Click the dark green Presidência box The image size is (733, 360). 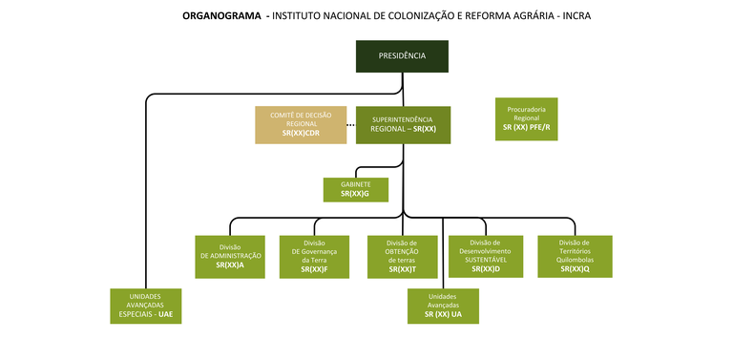click(x=402, y=56)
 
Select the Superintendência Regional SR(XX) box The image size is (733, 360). click(x=403, y=124)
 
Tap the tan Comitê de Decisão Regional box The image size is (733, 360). click(x=301, y=125)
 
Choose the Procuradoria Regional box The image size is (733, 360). click(x=527, y=118)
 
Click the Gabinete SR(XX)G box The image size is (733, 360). click(x=355, y=189)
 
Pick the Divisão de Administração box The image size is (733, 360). click(x=230, y=256)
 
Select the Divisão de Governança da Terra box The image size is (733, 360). click(x=314, y=256)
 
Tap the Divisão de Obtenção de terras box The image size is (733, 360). click(x=402, y=256)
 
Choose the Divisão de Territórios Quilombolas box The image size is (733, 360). click(x=574, y=256)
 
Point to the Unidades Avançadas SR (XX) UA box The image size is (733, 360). click(x=443, y=305)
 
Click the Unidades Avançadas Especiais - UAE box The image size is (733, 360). click(x=145, y=305)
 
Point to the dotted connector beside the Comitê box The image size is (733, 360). click(x=350, y=125)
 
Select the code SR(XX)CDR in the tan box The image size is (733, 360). click(x=301, y=134)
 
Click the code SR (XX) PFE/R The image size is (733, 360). click(x=527, y=127)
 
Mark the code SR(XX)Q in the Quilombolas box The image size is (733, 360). click(x=575, y=269)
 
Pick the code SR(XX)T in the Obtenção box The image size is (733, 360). click(x=402, y=270)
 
